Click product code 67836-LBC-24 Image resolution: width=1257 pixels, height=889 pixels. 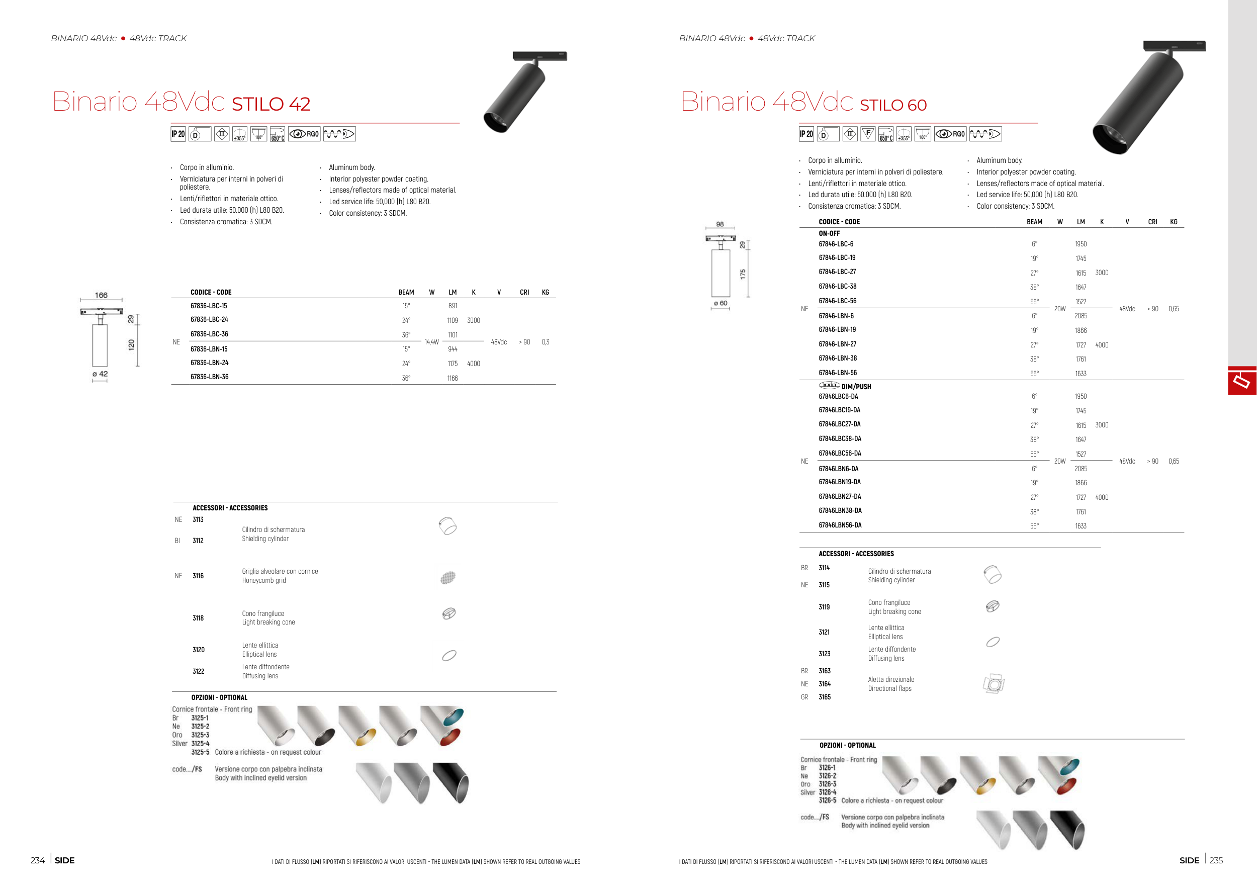209,320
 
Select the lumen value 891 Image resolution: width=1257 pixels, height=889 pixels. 453,306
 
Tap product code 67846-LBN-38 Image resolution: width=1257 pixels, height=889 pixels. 838,359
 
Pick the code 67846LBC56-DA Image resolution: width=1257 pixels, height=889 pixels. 840,453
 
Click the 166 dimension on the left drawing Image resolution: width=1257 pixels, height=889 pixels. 101,295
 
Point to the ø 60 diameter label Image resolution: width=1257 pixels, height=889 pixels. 721,303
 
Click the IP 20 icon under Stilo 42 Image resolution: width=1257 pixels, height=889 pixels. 178,134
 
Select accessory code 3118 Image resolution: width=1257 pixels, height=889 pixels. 198,618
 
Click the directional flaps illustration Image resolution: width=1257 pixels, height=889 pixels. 993,684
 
